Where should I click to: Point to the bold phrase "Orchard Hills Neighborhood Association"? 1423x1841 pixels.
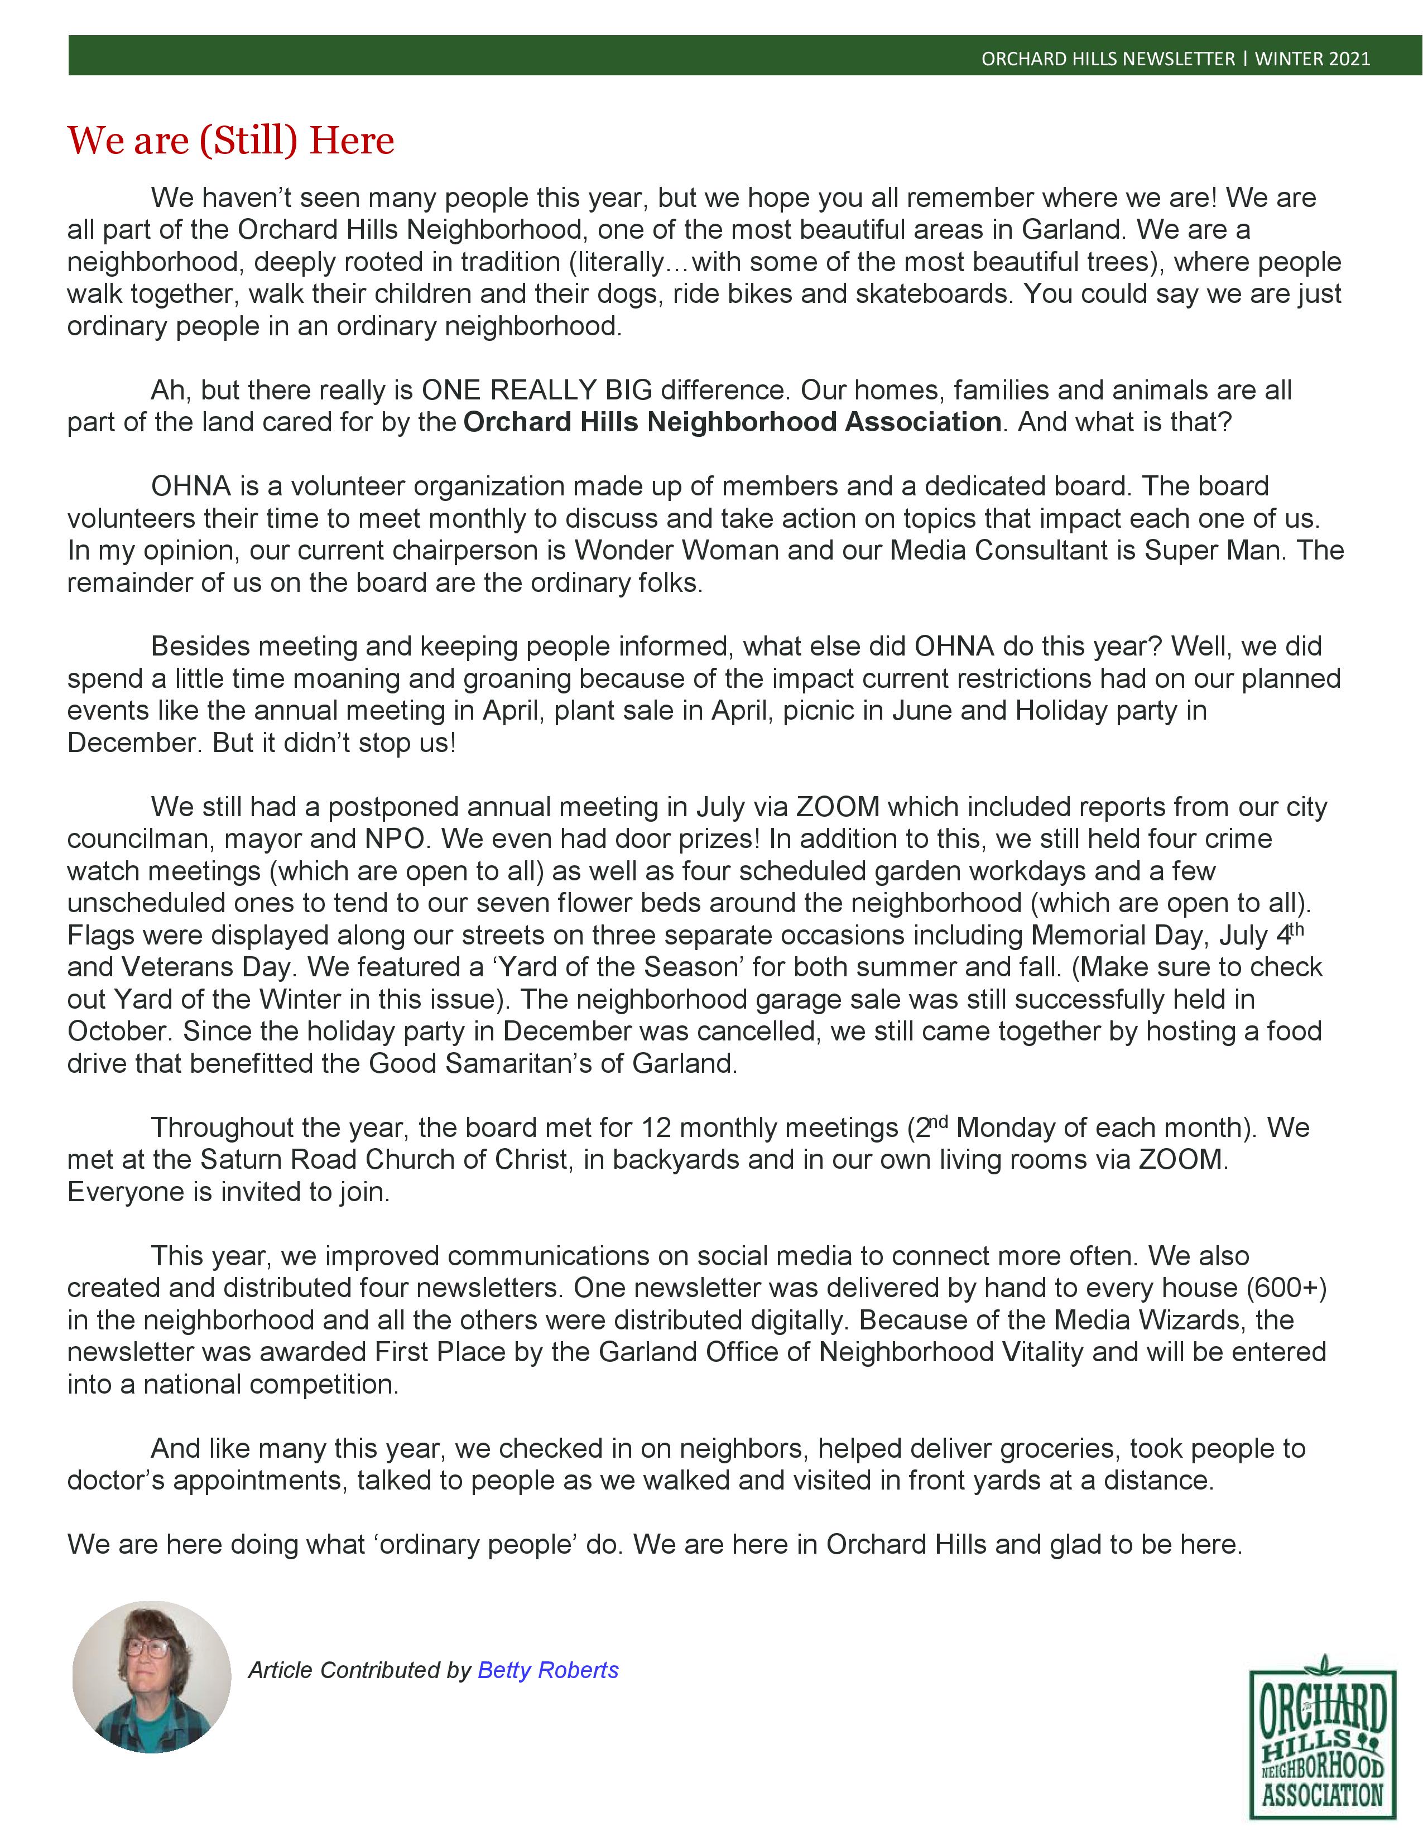[732, 421]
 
